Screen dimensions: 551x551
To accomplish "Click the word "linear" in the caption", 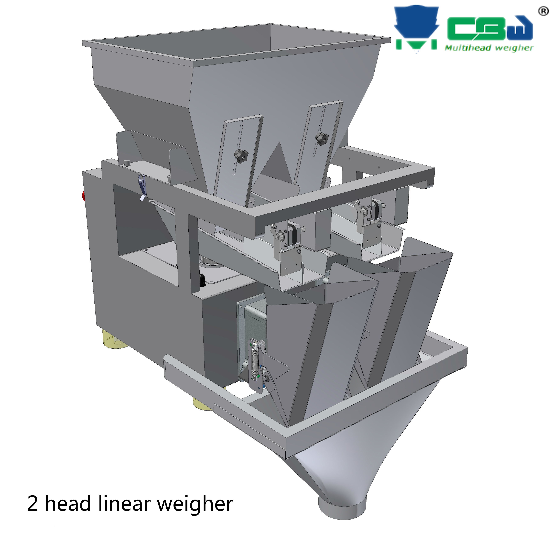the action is [124, 503].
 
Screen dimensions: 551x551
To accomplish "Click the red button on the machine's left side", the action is [84, 195].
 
